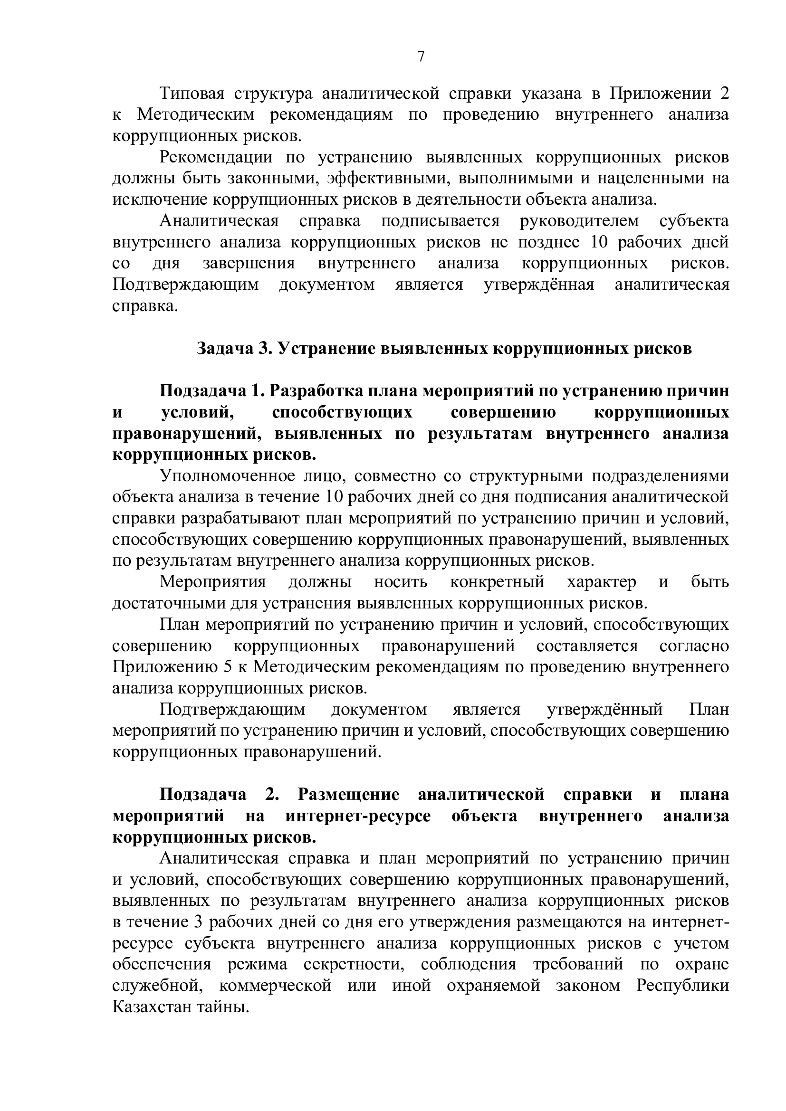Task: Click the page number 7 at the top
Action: pyautogui.click(x=421, y=57)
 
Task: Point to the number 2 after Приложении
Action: pyautogui.click(x=724, y=94)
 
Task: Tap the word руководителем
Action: pyautogui.click(x=579, y=221)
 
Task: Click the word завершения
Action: pyautogui.click(x=248, y=264)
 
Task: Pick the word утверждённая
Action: pyautogui.click(x=539, y=285)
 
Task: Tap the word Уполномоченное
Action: pyautogui.click(x=228, y=476)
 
